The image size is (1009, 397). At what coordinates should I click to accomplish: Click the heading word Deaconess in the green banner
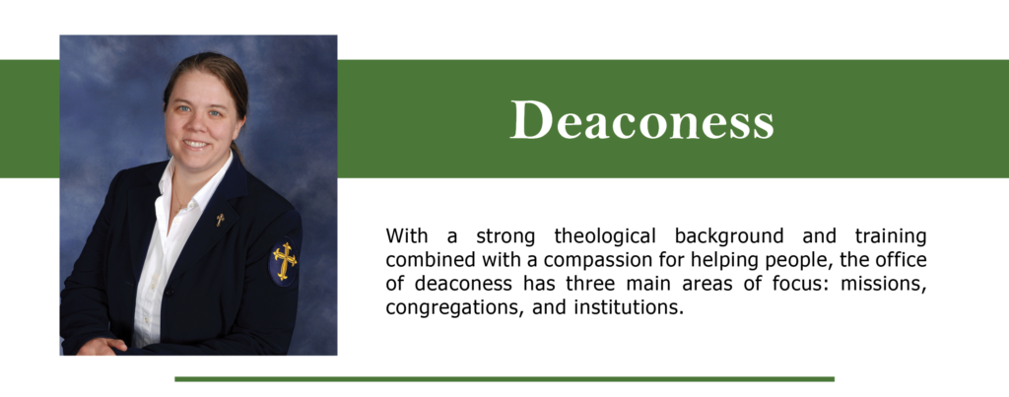tap(641, 120)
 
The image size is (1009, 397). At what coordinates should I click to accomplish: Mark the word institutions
tap(626, 307)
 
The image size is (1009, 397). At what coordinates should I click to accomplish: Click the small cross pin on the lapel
tap(220, 219)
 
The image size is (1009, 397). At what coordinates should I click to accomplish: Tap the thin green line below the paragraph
tap(504, 378)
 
